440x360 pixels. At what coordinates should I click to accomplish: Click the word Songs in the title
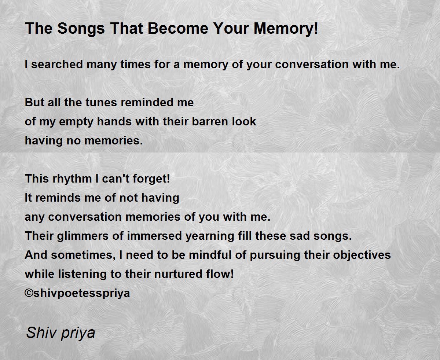point(81,29)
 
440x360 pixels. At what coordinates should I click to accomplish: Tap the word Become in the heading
point(178,28)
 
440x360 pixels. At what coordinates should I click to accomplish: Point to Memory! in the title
point(286,29)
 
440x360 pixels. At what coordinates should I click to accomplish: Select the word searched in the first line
point(57,64)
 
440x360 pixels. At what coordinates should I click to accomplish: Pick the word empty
point(76,122)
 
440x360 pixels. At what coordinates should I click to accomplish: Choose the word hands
point(114,121)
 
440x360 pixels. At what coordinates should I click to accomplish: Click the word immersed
point(154,236)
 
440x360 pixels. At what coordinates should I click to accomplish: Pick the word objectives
point(362,255)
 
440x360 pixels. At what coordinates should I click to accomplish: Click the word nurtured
point(178,274)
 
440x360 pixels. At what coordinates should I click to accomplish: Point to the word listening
point(82,274)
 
